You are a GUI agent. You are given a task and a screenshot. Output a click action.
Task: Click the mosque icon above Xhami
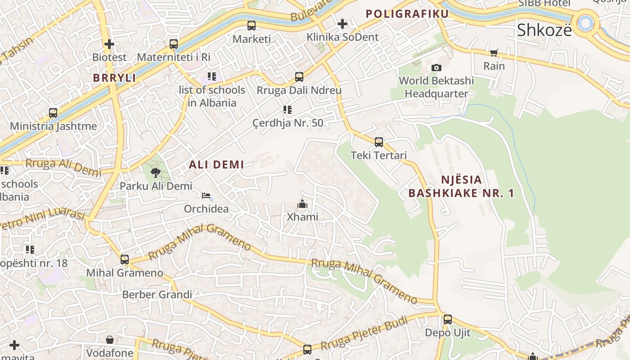302,204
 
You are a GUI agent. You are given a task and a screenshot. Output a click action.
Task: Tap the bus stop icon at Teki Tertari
379,142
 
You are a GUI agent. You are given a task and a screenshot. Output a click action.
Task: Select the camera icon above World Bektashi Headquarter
436,67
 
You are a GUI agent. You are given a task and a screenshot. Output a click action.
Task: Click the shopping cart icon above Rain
494,53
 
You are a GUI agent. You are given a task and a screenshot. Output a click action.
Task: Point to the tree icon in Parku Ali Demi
156,172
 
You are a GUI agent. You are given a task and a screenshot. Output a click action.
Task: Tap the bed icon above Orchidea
206,196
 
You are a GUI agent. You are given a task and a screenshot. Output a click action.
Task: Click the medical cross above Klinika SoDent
342,23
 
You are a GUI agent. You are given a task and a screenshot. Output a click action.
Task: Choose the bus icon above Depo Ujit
447,319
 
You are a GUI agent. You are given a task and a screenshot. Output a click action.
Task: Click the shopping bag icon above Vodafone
110,339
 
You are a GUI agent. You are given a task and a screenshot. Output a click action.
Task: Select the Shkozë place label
544,30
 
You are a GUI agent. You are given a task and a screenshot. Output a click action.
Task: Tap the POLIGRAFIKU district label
407,14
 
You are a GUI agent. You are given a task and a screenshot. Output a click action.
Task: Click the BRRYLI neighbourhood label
114,78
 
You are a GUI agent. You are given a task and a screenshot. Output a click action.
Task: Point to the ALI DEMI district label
216,165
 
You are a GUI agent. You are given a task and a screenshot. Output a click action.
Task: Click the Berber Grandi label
157,295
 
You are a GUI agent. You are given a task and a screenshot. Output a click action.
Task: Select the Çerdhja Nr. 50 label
288,123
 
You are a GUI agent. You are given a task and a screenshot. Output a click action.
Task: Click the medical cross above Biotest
109,44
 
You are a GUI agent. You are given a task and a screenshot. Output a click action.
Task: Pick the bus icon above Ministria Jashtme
53,113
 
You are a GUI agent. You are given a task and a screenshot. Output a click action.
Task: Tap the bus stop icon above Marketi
251,26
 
